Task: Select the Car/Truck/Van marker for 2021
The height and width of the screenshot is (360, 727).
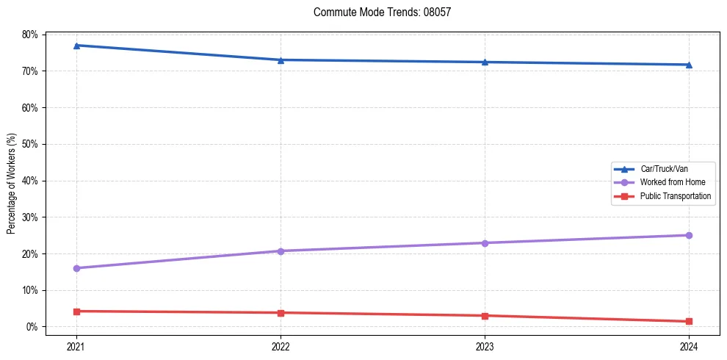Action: tap(76, 46)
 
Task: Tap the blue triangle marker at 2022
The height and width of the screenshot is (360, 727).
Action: tap(281, 60)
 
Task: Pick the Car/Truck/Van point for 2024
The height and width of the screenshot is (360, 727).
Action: tap(689, 65)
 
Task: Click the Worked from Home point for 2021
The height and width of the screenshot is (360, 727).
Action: tap(76, 268)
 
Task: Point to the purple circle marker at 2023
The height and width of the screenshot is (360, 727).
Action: tap(485, 243)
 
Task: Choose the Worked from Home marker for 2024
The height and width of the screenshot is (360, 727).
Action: tap(689, 235)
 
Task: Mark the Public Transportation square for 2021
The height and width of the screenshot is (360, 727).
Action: tap(76, 312)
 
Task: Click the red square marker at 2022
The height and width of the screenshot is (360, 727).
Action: tap(281, 313)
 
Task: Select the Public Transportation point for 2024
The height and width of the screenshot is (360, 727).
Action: tap(689, 321)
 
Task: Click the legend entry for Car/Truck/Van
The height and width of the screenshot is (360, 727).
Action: tap(664, 169)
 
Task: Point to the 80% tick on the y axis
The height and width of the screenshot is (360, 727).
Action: tap(30, 35)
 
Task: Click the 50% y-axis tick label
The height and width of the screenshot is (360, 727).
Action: tap(30, 144)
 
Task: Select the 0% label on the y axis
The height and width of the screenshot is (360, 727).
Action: tap(32, 327)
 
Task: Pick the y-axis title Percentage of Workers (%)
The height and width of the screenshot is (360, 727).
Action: tap(12, 184)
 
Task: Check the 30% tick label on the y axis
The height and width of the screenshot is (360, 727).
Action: tap(30, 217)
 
